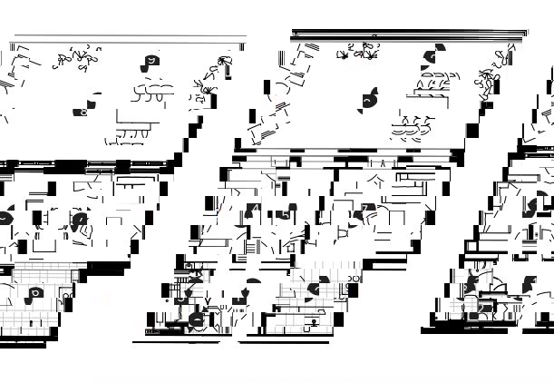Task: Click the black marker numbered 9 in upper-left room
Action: pyautogui.click(x=150, y=64)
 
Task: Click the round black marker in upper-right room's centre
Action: pyautogui.click(x=370, y=100)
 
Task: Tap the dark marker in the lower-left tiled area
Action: pyautogui.click(x=34, y=293)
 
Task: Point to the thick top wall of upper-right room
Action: pyautogui.click(x=408, y=34)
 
